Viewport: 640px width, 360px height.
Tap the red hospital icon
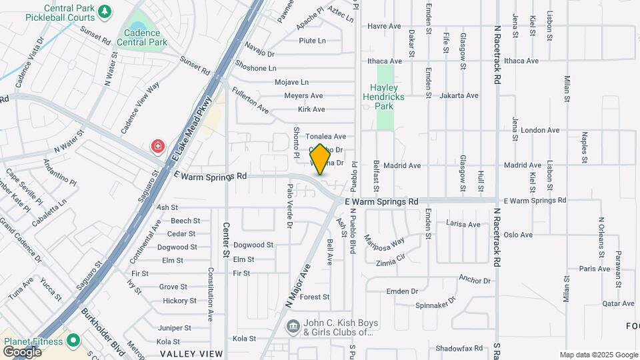(158, 145)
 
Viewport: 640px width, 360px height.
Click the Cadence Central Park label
(141, 37)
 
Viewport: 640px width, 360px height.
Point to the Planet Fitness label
(33, 341)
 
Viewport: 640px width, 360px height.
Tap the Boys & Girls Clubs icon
(293, 326)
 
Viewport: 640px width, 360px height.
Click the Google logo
(21, 351)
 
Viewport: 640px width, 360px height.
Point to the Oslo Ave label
(518, 235)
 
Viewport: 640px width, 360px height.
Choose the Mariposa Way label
(385, 241)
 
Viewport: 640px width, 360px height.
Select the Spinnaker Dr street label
(434, 305)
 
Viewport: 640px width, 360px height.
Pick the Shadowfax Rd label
(459, 348)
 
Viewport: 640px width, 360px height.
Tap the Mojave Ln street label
(292, 83)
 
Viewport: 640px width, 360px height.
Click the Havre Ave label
(384, 26)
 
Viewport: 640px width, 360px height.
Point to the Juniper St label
(175, 328)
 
